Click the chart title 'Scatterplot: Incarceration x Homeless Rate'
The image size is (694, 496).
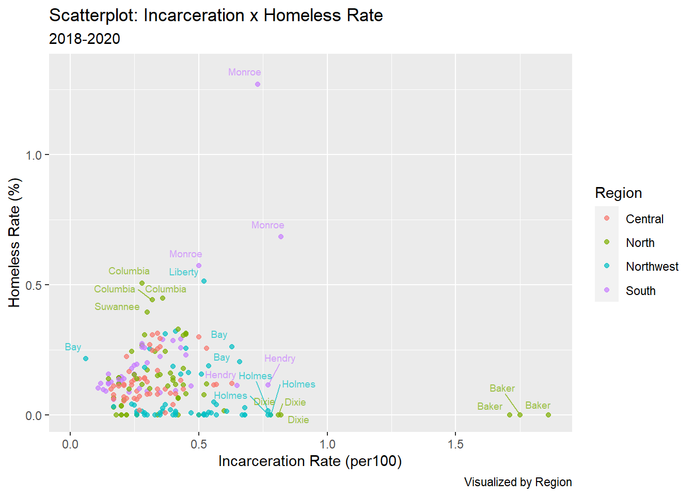click(x=216, y=16)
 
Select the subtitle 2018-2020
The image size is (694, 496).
click(x=85, y=39)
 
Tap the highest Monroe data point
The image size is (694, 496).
click(x=258, y=84)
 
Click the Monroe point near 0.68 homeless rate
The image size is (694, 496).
click(x=281, y=237)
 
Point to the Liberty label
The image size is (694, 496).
click(x=183, y=272)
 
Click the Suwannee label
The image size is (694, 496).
click(x=117, y=307)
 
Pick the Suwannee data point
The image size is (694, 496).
click(x=147, y=312)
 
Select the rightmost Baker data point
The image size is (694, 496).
click(x=548, y=415)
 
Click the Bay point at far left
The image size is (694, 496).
click(x=86, y=359)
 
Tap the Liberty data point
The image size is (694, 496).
click(x=204, y=281)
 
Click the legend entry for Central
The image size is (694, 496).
click(x=644, y=219)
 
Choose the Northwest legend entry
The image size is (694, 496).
click(x=652, y=267)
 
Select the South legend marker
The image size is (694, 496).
click(x=607, y=290)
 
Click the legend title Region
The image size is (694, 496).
click(x=618, y=193)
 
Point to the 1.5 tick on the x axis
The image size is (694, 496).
click(x=455, y=444)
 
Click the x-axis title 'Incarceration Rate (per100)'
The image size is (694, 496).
click(x=310, y=461)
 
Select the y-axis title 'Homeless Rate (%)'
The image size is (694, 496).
click(x=14, y=242)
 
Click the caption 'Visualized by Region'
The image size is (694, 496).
click(x=517, y=482)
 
